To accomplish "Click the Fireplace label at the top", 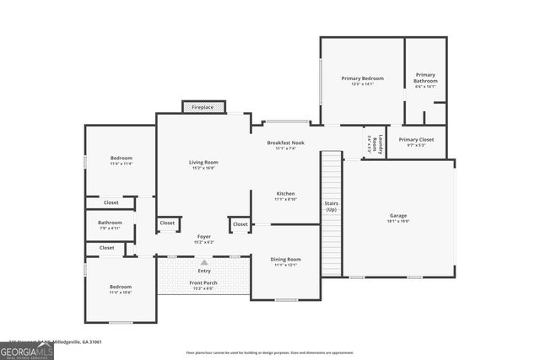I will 202,107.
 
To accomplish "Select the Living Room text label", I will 203,162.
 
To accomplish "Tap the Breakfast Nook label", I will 285,142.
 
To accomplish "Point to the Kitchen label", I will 285,194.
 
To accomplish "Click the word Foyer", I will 203,236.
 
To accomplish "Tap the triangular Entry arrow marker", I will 203,262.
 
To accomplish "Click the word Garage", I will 398,215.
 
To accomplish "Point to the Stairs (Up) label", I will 332,207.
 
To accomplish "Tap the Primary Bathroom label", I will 425,78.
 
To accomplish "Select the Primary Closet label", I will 416,139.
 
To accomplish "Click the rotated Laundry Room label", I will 380,142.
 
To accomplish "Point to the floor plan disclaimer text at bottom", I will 270,352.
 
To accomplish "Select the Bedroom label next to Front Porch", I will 121,287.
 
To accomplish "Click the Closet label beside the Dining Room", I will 240,224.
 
